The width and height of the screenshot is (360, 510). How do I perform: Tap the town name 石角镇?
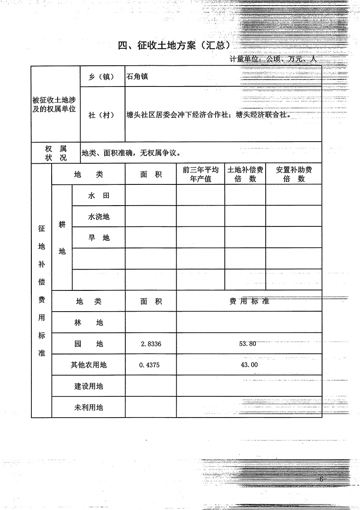click(137, 77)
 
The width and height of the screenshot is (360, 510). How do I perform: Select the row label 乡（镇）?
click(102, 77)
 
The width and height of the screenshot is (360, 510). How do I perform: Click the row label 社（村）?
click(102, 115)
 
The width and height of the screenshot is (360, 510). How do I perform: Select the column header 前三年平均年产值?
click(200, 174)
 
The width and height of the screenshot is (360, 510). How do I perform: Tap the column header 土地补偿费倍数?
click(245, 174)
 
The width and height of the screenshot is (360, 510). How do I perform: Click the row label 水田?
click(99, 195)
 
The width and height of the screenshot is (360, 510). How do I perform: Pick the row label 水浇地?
click(99, 217)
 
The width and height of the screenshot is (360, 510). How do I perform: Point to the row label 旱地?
click(99, 238)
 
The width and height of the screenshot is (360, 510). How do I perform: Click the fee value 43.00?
click(249, 365)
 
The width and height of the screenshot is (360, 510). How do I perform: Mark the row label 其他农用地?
click(89, 365)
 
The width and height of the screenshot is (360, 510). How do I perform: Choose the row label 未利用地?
click(89, 407)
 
